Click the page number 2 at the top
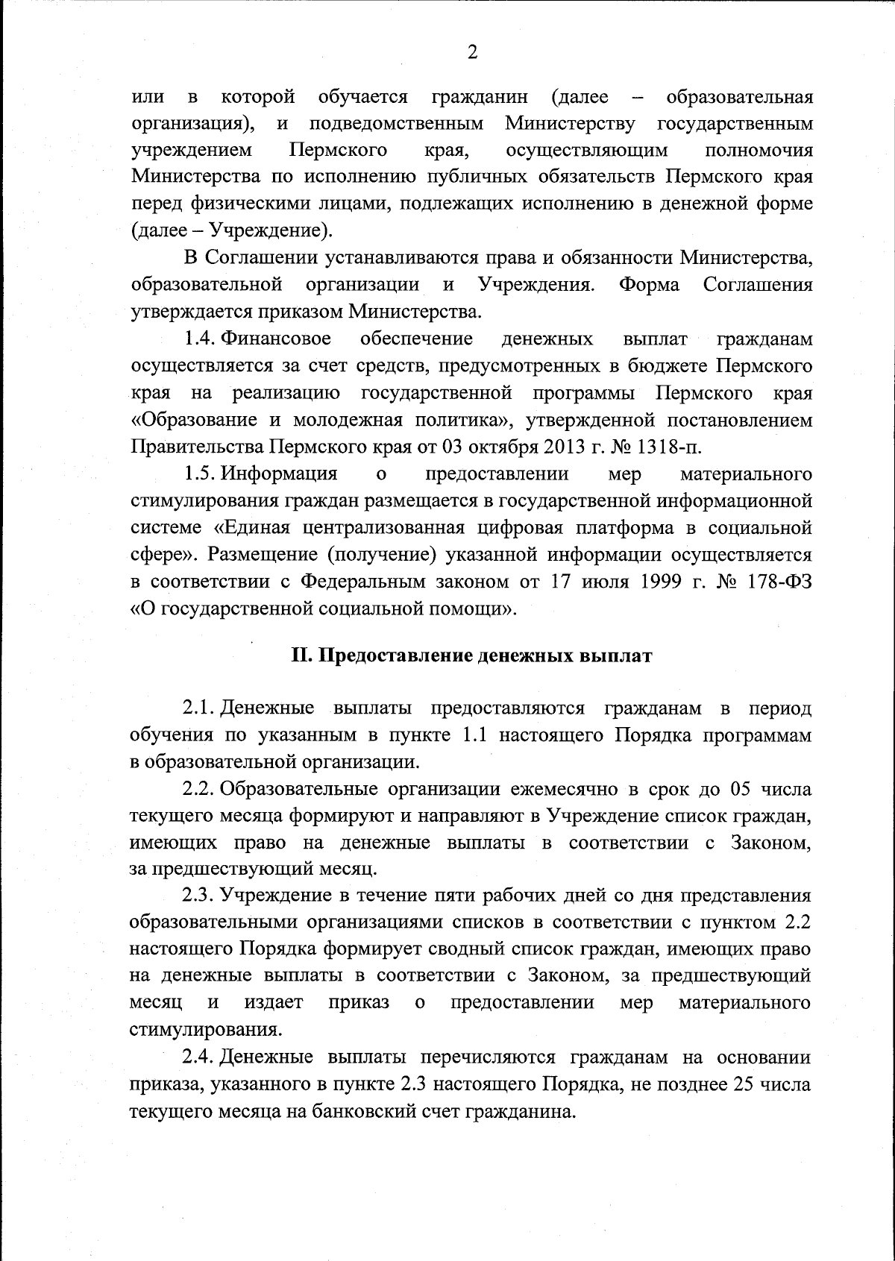pyautogui.click(x=471, y=52)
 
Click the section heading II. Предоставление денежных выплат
pyautogui.click(x=471, y=656)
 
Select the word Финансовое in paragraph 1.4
pyautogui.click(x=277, y=339)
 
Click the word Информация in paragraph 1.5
pyautogui.click(x=280, y=474)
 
